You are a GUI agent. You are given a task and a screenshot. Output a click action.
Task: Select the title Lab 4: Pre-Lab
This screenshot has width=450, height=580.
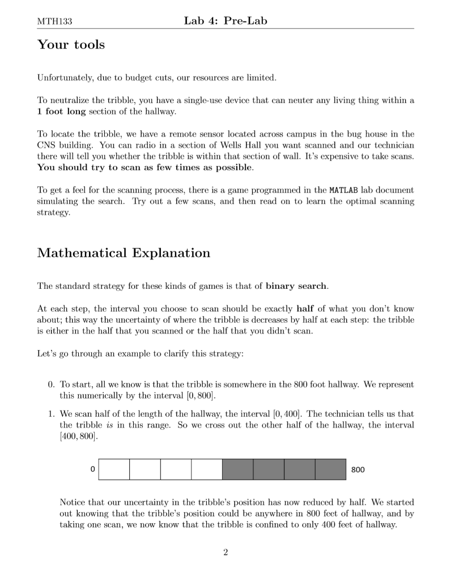click(x=225, y=22)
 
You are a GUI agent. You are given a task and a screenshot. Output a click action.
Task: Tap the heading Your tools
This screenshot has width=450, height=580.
click(x=71, y=45)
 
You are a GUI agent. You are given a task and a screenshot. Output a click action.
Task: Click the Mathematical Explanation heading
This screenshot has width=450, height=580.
click(x=124, y=253)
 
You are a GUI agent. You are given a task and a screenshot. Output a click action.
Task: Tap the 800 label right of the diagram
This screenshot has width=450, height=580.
click(x=358, y=470)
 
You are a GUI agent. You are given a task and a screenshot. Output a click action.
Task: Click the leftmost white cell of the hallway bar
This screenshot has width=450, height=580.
click(x=114, y=470)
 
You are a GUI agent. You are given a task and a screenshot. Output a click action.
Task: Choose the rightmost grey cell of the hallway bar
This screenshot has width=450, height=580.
click(x=330, y=470)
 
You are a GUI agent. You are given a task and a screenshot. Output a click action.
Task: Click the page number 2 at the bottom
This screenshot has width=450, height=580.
click(x=225, y=553)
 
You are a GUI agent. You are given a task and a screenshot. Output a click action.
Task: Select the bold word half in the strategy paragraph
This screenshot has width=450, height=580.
click(x=306, y=308)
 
